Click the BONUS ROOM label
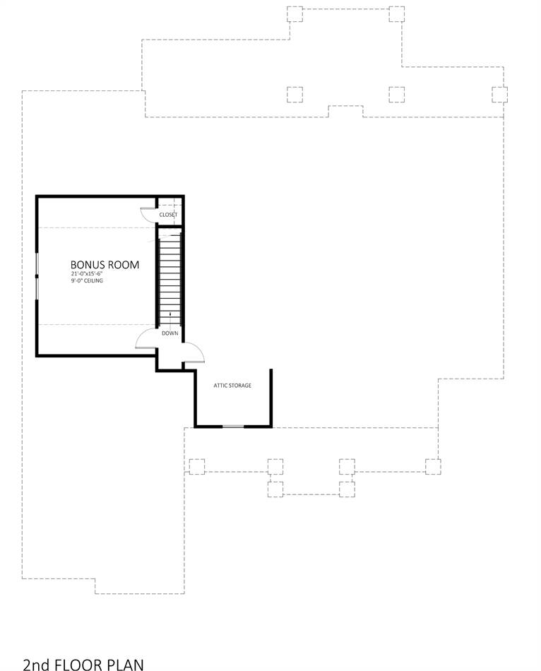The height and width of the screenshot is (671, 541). click(x=105, y=265)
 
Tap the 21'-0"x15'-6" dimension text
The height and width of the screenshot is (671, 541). click(x=87, y=274)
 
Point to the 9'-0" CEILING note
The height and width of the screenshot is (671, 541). click(x=87, y=280)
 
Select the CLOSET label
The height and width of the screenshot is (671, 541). click(x=168, y=215)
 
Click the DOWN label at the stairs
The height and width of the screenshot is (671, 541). click(x=170, y=333)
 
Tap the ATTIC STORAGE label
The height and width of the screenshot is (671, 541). click(x=232, y=386)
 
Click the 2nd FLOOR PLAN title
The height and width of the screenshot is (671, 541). click(x=83, y=665)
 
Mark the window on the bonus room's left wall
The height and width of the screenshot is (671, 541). click(x=37, y=276)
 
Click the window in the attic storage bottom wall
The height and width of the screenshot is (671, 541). click(x=233, y=426)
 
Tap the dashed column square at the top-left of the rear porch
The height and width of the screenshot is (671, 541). click(x=295, y=13)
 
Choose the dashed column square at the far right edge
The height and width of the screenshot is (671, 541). click(x=499, y=95)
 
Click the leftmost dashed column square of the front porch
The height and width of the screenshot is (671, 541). click(x=197, y=466)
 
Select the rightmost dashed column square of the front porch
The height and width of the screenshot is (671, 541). click(x=433, y=466)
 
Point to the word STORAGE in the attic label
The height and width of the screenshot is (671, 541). click(x=241, y=386)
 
